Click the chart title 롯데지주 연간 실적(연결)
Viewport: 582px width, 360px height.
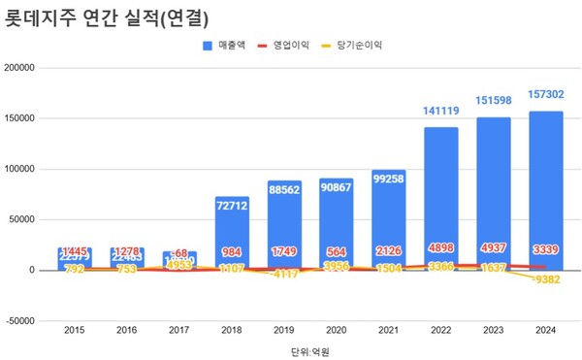pos(109,16)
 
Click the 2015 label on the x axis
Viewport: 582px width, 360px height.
pos(75,331)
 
